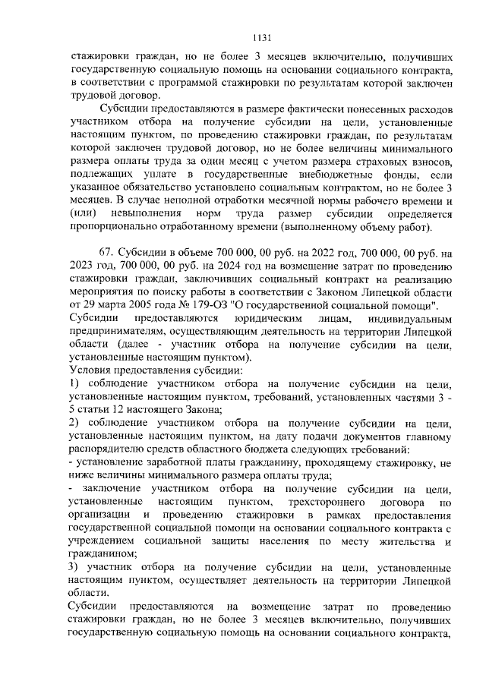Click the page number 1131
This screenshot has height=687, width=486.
coord(243,36)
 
